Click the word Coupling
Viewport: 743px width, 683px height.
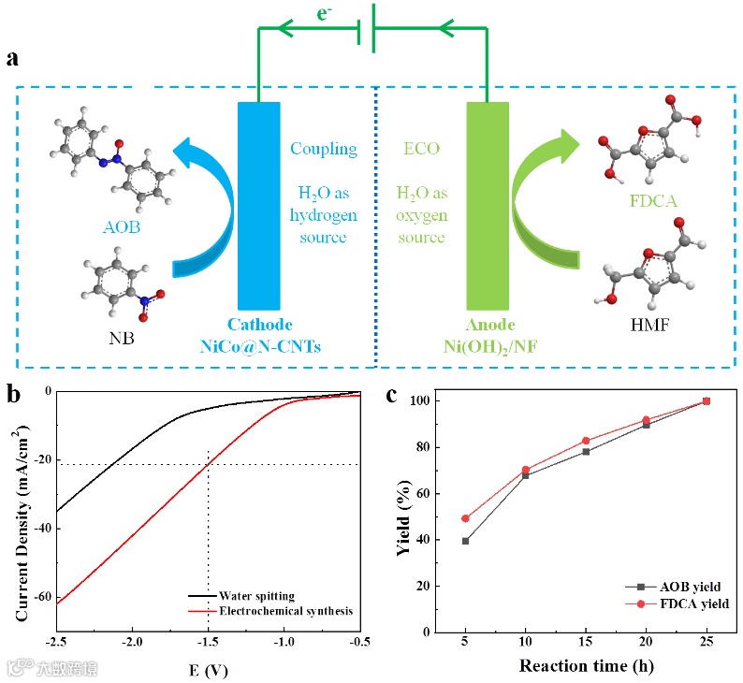pos(324,148)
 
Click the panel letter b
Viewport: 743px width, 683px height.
pos(12,394)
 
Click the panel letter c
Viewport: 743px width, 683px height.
pos(394,394)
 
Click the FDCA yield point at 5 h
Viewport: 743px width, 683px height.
pos(465,518)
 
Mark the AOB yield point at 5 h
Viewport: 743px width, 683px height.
pos(465,541)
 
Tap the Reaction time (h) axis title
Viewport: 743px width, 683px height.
pos(586,666)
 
